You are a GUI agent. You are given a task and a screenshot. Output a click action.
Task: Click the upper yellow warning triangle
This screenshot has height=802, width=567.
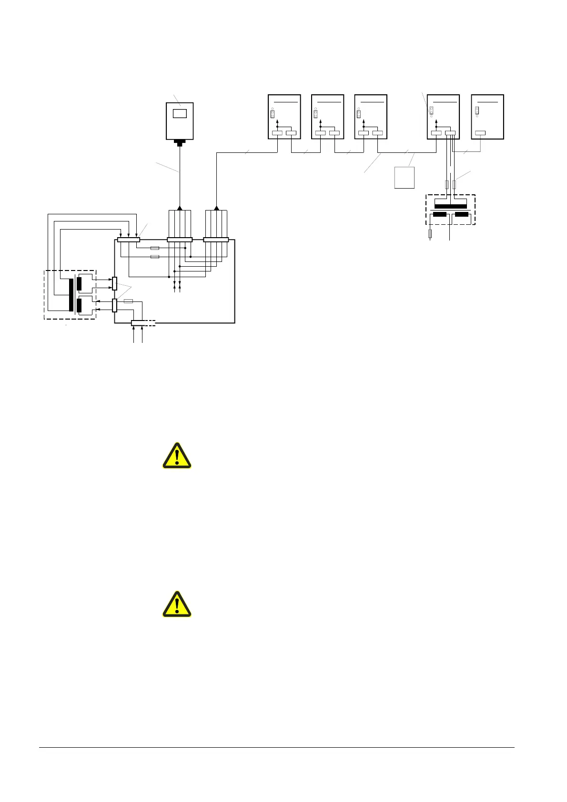click(x=177, y=456)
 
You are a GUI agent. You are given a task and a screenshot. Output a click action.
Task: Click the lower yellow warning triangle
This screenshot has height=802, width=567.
click(x=177, y=605)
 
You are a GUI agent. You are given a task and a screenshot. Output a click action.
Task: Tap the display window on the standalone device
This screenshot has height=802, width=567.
click(x=180, y=113)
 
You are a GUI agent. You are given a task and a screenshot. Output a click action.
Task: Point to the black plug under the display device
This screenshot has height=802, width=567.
click(x=180, y=142)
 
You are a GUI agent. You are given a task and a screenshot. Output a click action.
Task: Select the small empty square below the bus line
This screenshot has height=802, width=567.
click(x=405, y=178)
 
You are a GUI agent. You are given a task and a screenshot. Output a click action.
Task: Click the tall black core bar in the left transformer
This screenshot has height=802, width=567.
click(x=71, y=295)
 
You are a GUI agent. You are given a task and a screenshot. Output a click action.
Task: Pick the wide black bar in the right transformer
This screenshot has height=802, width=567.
click(x=450, y=206)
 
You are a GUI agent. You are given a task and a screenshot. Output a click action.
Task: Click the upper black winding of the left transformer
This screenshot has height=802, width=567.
click(x=79, y=283)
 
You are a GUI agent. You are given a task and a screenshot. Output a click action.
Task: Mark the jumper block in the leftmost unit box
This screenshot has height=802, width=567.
click(x=273, y=114)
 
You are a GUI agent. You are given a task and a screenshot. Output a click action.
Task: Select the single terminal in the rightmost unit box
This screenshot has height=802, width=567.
click(x=480, y=133)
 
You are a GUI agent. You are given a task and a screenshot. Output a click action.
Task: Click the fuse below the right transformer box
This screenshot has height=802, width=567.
click(x=431, y=233)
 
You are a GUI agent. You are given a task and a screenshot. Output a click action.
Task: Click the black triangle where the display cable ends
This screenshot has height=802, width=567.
click(x=180, y=208)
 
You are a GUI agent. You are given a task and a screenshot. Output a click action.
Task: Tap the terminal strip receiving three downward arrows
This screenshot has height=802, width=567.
click(x=129, y=240)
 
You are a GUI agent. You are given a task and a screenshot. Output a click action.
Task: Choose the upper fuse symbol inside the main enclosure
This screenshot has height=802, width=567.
click(x=155, y=248)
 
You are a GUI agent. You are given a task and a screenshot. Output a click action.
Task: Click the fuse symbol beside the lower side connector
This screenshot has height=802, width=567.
click(x=128, y=301)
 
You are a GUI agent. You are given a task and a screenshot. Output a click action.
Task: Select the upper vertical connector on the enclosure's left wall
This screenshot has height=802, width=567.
click(x=114, y=283)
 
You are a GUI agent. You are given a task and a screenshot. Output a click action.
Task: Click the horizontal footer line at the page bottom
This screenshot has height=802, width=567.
click(x=276, y=747)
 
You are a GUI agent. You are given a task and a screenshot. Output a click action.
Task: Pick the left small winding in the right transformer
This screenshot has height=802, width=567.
click(x=439, y=214)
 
